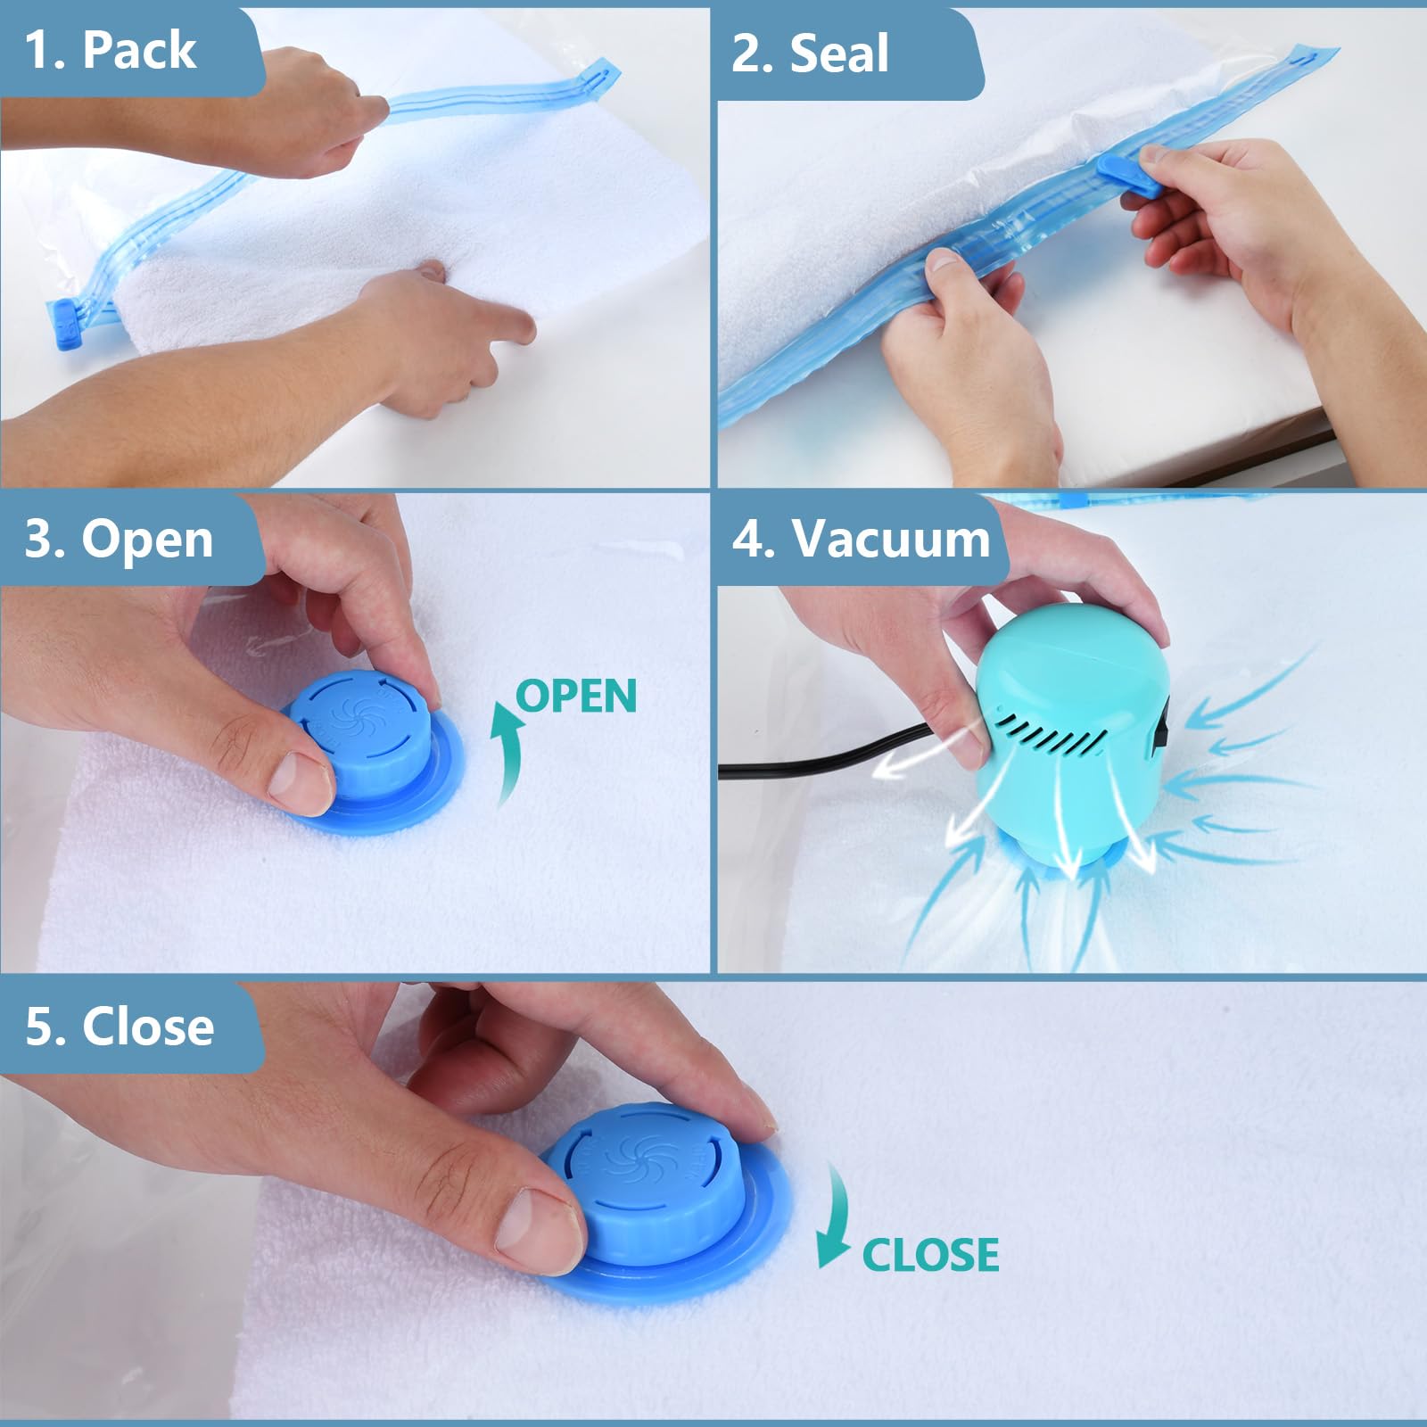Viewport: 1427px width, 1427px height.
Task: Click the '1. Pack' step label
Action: pyautogui.click(x=111, y=50)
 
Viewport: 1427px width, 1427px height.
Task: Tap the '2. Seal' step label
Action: pyautogui.click(x=810, y=54)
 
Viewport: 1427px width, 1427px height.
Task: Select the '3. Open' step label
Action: pyautogui.click(x=119, y=540)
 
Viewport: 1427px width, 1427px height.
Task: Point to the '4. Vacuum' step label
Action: pyautogui.click(x=861, y=540)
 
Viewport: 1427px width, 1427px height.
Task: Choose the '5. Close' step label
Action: pyautogui.click(x=120, y=1027)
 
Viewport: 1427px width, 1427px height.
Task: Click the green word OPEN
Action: pyautogui.click(x=576, y=697)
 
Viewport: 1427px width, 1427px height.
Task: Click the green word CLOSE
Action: pyautogui.click(x=929, y=1255)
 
